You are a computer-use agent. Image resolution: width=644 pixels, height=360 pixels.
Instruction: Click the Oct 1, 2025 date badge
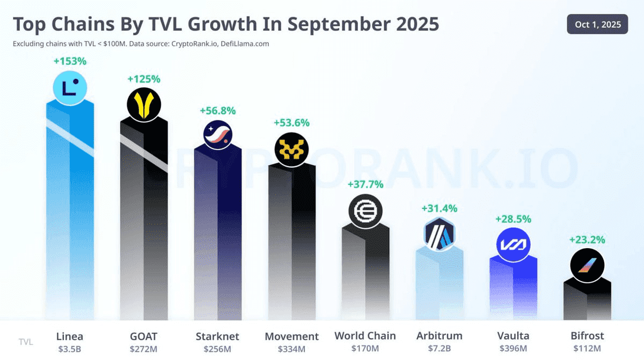point(597,24)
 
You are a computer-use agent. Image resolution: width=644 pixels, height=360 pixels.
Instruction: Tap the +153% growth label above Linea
point(70,61)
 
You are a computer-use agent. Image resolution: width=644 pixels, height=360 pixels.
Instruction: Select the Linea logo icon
point(70,88)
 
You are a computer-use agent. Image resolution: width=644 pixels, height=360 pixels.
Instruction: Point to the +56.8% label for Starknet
point(218,110)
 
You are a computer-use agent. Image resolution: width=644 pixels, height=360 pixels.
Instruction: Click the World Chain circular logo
point(365,211)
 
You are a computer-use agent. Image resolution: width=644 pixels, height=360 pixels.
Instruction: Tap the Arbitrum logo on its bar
point(440,234)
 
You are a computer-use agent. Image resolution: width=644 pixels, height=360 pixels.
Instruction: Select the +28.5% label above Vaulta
point(513,219)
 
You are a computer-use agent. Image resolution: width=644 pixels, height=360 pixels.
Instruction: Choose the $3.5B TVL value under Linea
point(70,349)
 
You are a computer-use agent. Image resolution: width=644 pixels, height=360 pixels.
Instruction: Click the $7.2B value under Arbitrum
point(440,349)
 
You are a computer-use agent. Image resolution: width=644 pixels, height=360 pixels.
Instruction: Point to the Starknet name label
point(218,336)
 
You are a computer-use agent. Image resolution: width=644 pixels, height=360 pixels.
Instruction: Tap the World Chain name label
point(365,336)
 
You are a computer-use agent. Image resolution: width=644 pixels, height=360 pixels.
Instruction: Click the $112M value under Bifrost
point(587,349)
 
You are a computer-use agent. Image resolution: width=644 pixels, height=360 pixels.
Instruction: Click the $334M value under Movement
point(291,349)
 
